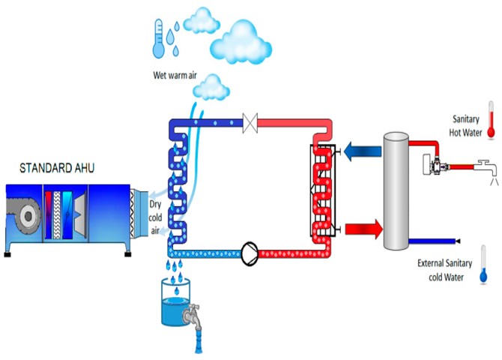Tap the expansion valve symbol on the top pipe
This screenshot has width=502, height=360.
252,120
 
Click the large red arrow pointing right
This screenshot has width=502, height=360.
352,225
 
